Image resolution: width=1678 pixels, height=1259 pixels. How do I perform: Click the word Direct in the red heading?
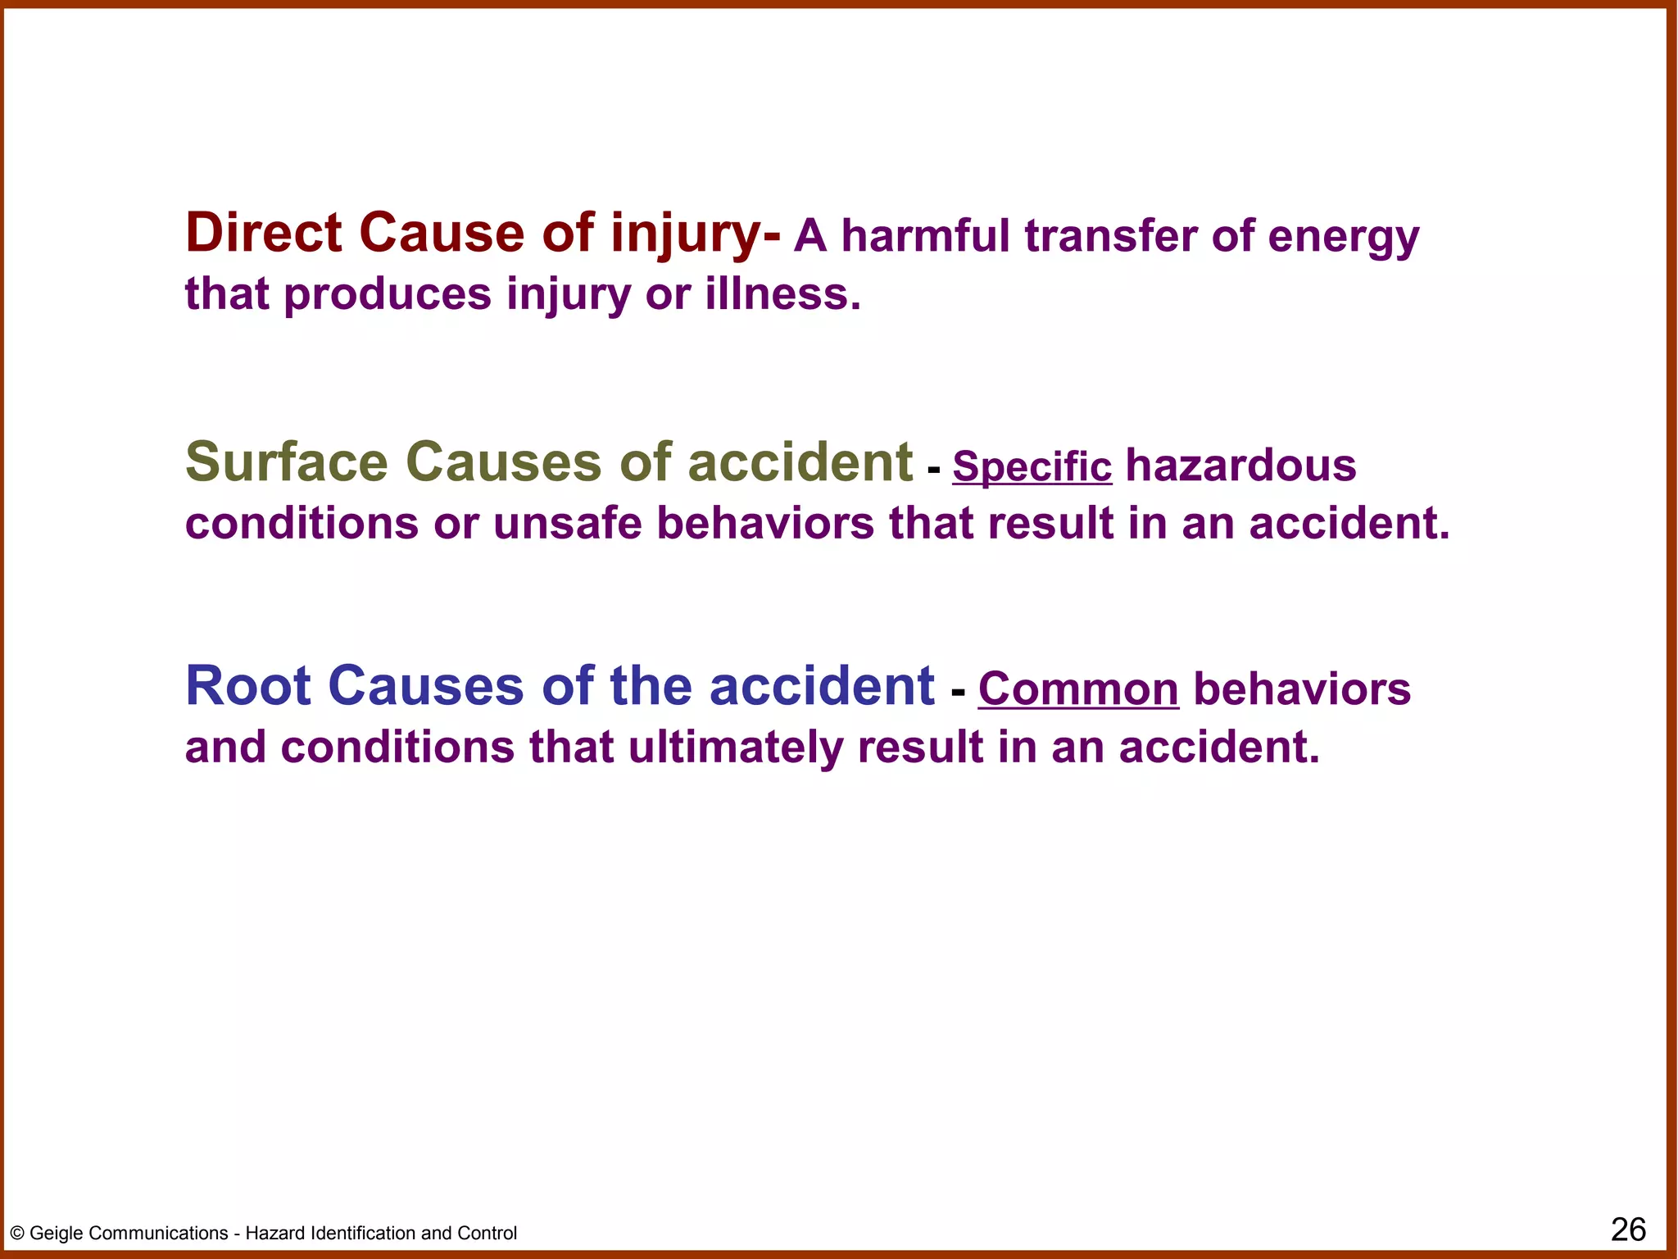263,233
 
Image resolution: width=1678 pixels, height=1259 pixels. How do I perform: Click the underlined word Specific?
1032,467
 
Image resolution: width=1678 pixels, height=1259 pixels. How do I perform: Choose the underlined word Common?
1078,690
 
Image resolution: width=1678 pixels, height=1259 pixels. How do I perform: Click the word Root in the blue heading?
248,686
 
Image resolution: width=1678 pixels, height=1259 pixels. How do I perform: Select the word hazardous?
1240,466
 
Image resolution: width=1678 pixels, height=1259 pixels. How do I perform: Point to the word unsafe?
567,523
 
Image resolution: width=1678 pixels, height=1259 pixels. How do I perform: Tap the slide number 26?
1628,1229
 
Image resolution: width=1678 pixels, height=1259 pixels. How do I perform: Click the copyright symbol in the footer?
17,1234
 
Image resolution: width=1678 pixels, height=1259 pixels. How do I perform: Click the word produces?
388,294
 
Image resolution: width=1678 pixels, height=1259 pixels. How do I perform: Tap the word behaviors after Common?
1302,689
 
